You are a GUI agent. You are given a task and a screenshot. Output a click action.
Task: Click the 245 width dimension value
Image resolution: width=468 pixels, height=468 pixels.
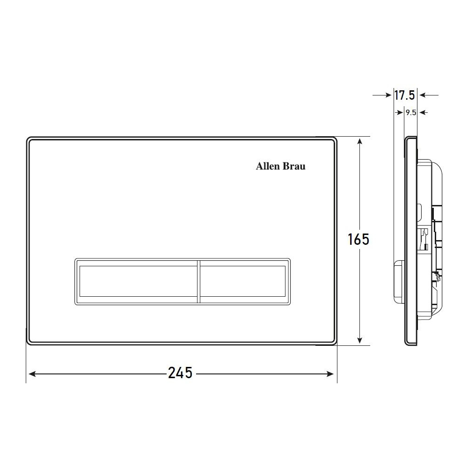click(x=180, y=373)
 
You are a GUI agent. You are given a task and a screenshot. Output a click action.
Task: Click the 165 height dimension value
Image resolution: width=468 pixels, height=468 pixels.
click(x=358, y=239)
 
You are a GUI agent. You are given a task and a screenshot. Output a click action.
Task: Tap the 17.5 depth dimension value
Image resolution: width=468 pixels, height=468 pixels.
click(x=405, y=95)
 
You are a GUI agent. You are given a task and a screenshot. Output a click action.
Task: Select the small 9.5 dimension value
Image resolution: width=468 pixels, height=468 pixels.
click(x=411, y=112)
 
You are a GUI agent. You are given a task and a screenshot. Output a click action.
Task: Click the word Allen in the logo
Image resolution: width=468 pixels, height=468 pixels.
click(x=267, y=166)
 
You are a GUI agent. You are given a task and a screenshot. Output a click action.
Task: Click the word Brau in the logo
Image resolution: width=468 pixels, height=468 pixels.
click(x=294, y=166)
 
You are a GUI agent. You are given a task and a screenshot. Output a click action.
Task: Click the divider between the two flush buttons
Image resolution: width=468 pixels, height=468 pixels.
click(x=198, y=281)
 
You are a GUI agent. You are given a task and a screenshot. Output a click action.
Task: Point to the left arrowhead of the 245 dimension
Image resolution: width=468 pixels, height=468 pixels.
click(x=32, y=373)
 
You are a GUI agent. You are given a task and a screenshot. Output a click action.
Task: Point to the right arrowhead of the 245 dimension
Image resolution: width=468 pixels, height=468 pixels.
click(x=330, y=373)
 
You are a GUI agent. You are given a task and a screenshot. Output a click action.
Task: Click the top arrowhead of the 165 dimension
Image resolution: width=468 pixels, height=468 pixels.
click(x=360, y=142)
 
